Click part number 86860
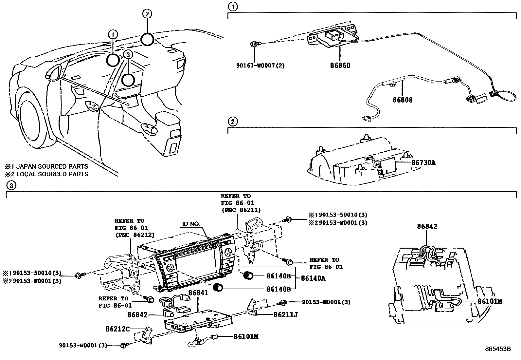[x=340, y=65]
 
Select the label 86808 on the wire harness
[x=403, y=100]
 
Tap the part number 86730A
[x=423, y=162]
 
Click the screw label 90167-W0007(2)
[x=260, y=66]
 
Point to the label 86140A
[x=313, y=278]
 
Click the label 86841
[x=198, y=293]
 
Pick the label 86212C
[x=118, y=329]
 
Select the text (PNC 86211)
[x=241, y=210]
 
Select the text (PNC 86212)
[x=135, y=235]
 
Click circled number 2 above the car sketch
[x=147, y=14]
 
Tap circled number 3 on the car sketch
[x=128, y=54]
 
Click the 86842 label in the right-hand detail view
[x=427, y=226]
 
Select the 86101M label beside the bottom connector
[x=246, y=336]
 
